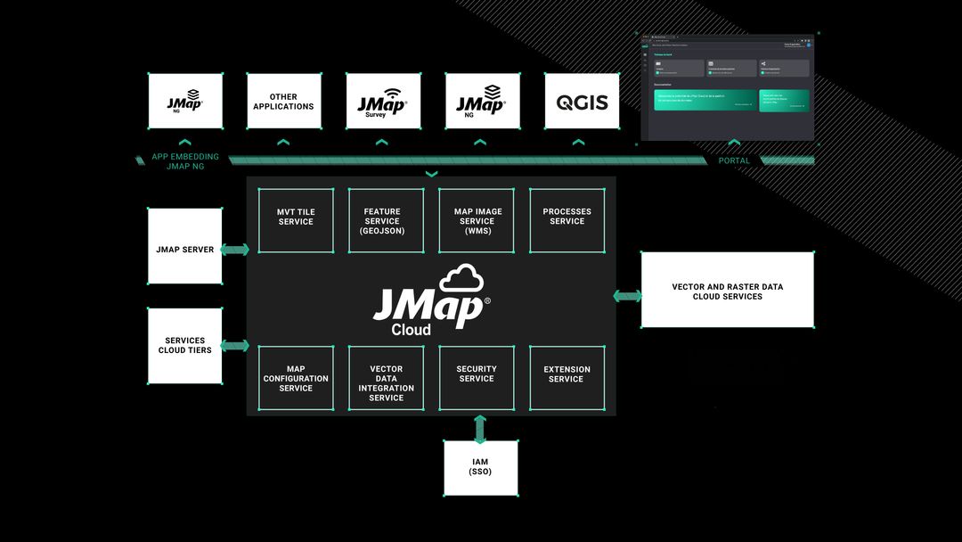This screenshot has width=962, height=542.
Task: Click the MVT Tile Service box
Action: coord(296,219)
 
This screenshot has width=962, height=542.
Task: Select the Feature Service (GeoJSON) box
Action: coord(386,219)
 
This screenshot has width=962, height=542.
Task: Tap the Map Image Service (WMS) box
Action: coord(477,219)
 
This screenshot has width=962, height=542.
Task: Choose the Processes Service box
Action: coord(567,219)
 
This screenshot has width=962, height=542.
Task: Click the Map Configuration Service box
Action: coord(296,378)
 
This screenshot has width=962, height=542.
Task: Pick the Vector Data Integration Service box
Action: coord(386,378)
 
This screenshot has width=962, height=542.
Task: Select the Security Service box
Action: coord(477,378)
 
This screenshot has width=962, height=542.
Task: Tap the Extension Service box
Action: coord(567,378)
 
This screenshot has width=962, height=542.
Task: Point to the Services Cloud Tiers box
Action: coord(185,346)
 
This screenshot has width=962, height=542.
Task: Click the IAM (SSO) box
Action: coord(481,467)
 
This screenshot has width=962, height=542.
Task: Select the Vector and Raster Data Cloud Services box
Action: coord(727,290)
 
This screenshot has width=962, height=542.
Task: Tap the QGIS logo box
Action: coord(582,102)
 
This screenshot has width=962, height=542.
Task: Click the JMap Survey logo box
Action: coord(383,102)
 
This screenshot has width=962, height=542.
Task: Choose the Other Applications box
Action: coord(283,102)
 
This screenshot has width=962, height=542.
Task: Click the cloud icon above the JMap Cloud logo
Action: coord(461,278)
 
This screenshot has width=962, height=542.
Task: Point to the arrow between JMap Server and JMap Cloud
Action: coord(234,250)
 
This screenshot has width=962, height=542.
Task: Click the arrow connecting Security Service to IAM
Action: coord(481,429)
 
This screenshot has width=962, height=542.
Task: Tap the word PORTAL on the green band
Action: coord(734,161)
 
